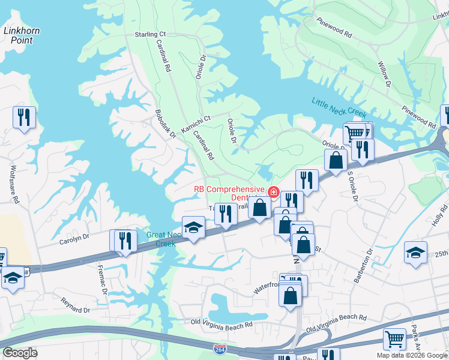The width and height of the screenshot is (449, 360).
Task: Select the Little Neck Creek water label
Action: tap(339, 108)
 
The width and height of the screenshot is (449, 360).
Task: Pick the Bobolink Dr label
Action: tap(165, 124)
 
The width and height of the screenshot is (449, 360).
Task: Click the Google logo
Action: tap(20, 353)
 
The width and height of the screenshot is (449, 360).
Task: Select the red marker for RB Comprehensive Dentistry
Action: tap(274, 192)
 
